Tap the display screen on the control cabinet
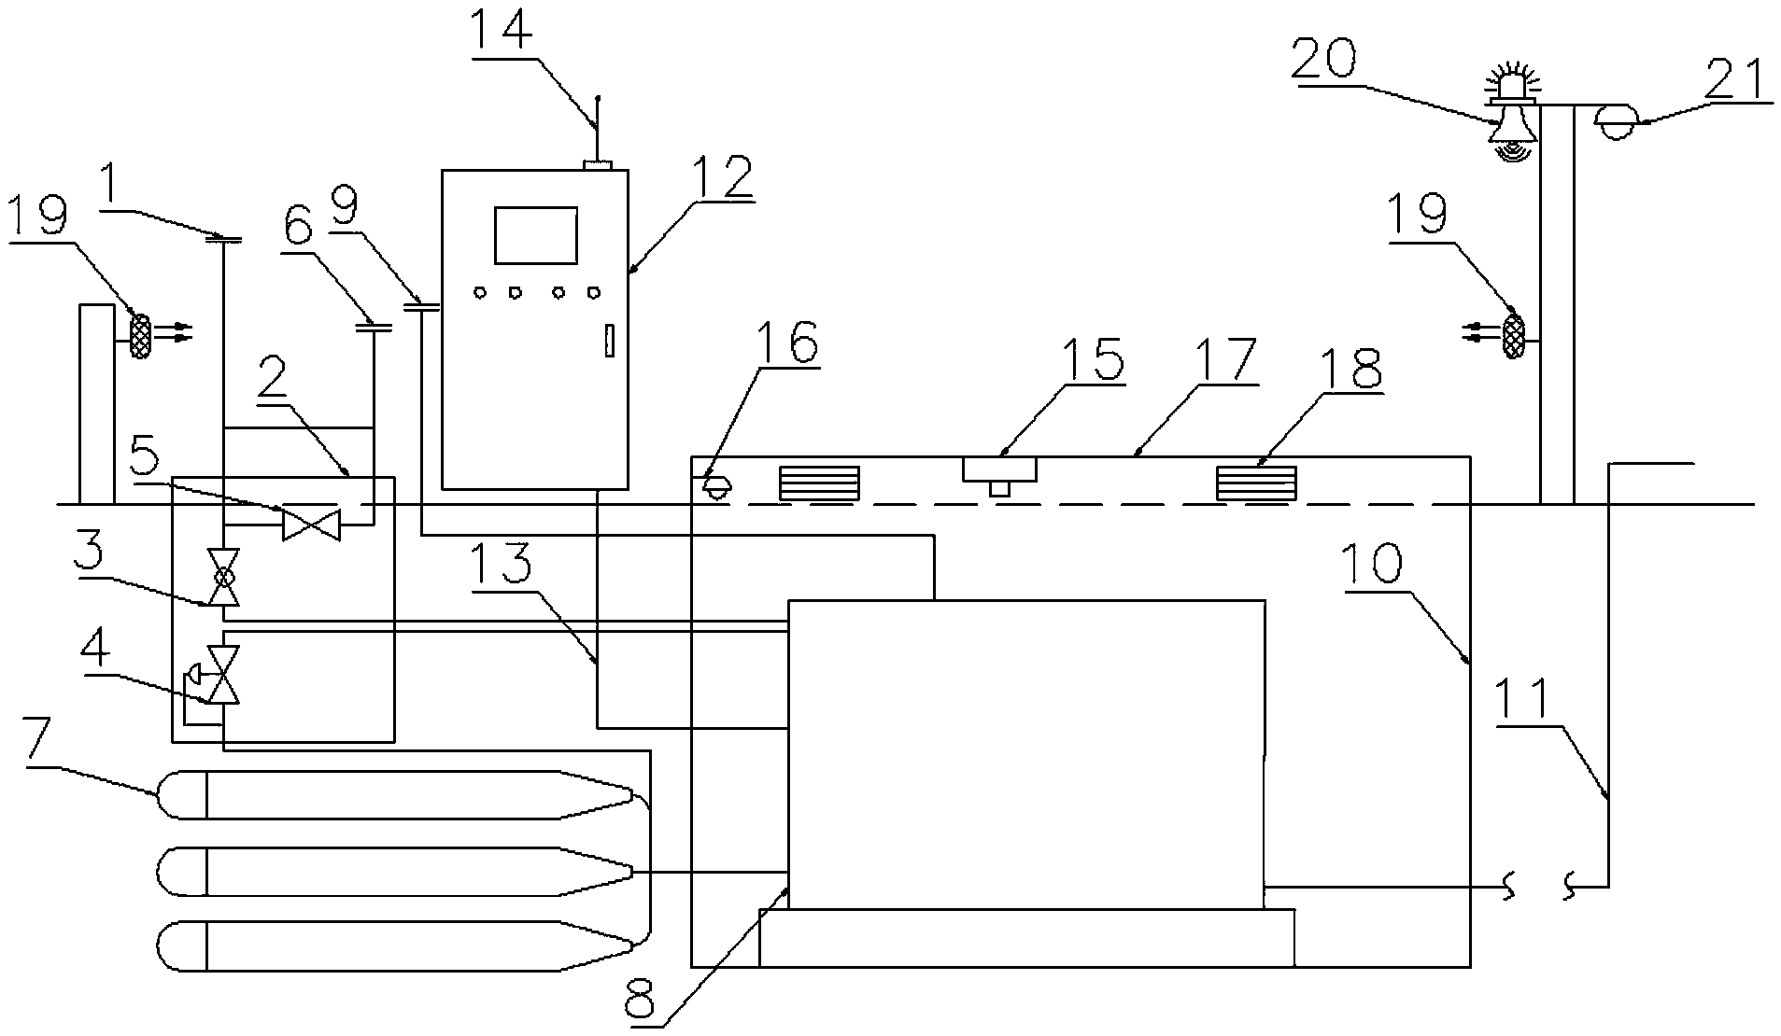pyautogui.click(x=535, y=235)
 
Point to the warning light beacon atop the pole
pyautogui.click(x=1509, y=82)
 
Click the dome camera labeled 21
pyautogui.click(x=1615, y=122)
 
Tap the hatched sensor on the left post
pyautogui.click(x=140, y=335)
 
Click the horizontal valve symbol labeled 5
pyautogui.click(x=311, y=523)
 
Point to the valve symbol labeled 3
pyautogui.click(x=224, y=577)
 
